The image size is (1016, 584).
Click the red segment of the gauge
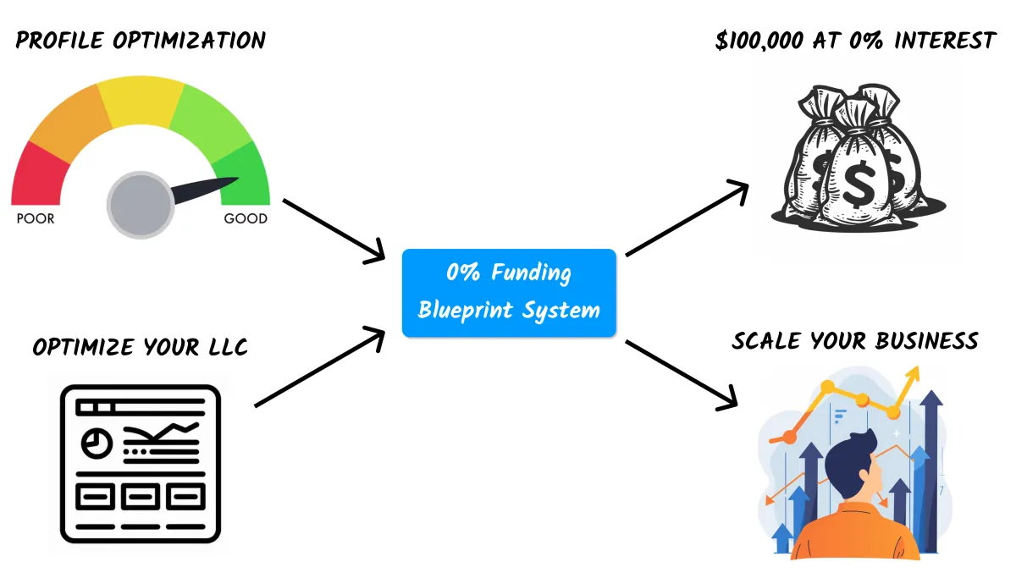tap(37, 177)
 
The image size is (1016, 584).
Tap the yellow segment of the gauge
tap(141, 101)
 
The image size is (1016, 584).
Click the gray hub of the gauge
tap(141, 205)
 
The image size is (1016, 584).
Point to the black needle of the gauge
tap(204, 190)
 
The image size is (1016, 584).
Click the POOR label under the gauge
tap(36, 218)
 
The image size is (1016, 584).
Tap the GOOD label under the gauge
tap(246, 218)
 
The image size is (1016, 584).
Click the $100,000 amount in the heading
tap(759, 41)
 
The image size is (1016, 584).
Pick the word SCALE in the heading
tap(766, 341)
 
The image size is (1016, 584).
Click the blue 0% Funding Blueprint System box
tap(509, 293)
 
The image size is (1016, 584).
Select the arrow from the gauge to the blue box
tap(334, 231)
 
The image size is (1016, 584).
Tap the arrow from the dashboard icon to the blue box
tap(320, 366)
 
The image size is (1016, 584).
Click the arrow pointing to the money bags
tap(687, 218)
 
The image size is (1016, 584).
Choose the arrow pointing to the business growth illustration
tap(682, 376)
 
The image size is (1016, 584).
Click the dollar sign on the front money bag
tap(859, 185)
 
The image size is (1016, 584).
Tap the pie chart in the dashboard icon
tap(97, 443)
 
